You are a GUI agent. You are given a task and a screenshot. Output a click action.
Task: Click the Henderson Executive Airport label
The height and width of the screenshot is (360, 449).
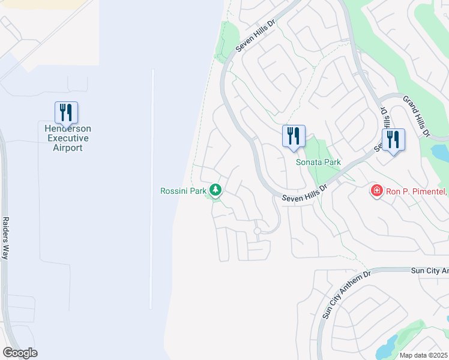point(66,138)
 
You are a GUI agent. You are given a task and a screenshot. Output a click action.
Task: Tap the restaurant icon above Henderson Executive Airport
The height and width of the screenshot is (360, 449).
point(66,112)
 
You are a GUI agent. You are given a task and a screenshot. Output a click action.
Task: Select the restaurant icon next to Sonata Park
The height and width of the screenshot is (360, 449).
point(294,136)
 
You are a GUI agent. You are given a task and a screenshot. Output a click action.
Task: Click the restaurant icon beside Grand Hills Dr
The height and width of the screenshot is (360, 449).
point(393,140)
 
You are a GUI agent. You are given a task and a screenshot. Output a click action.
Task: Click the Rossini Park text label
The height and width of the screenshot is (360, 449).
point(182,191)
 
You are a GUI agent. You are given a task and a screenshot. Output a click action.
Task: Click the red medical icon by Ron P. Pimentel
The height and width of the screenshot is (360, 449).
point(377,191)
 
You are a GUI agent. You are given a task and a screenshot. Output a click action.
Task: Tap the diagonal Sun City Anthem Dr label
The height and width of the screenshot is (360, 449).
point(339,294)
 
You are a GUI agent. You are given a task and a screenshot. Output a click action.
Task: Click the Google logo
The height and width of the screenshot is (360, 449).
point(20,353)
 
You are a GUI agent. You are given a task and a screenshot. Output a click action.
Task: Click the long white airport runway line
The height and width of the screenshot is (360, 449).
point(152,186)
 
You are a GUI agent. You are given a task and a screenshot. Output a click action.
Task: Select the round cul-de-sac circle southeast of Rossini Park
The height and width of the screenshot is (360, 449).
point(257,231)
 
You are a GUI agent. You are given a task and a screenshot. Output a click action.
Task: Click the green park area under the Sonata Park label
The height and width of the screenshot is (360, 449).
point(322,174)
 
